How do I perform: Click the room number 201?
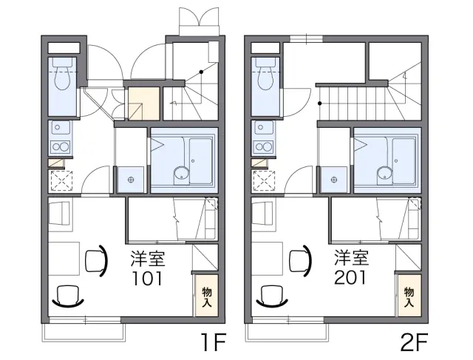tap(350, 278)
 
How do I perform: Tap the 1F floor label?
tap(214, 342)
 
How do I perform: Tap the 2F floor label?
tap(414, 342)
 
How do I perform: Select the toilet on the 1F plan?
tap(62, 74)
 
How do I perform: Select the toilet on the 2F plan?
tap(265, 74)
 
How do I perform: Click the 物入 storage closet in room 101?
tap(207, 296)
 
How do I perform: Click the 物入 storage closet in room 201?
tap(409, 296)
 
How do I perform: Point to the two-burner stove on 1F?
tap(61, 147)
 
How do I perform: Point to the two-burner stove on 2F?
tap(263, 147)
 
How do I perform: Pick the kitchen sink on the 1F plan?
tap(61, 128)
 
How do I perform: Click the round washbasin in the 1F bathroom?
tap(181, 174)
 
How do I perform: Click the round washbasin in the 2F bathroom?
tap(384, 174)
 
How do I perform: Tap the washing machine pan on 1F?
tap(131, 180)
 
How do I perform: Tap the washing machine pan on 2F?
tap(334, 180)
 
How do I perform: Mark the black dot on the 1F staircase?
tap(201, 72)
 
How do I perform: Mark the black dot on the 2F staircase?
tap(320, 103)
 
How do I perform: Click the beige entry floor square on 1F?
tap(143, 103)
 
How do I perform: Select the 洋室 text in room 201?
tap(351, 258)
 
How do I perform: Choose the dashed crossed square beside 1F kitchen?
tap(61, 180)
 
